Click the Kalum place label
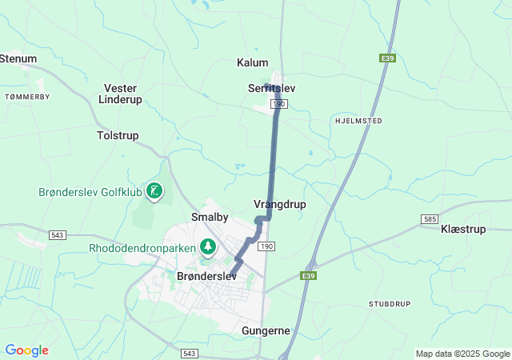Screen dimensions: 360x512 pyautogui.click(x=253, y=62)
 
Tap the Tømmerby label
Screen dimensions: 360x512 pyautogui.click(x=27, y=96)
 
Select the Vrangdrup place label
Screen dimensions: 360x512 pyautogui.click(x=279, y=204)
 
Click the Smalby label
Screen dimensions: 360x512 pyautogui.click(x=210, y=217)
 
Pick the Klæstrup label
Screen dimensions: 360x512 pyautogui.click(x=463, y=229)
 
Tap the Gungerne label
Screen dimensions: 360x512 pyautogui.click(x=266, y=330)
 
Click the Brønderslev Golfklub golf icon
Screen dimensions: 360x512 pyautogui.click(x=154, y=190)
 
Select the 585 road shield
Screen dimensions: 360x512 pyautogui.click(x=430, y=218)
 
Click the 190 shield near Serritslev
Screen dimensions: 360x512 pyautogui.click(x=279, y=104)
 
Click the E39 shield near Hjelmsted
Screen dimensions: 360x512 pyautogui.click(x=386, y=58)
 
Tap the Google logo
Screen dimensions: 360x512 pyautogui.click(x=26, y=350)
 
